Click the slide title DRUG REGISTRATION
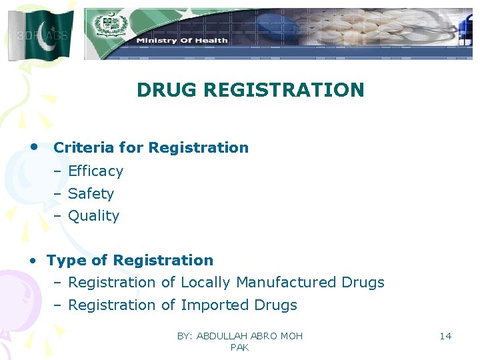[x=250, y=90]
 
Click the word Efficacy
[x=95, y=171]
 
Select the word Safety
[x=91, y=194]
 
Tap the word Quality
[x=93, y=216]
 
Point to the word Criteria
[x=80, y=148]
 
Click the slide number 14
[x=445, y=336]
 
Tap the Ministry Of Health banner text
[x=182, y=41]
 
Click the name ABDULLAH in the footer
[x=222, y=336]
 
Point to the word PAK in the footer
[x=239, y=347]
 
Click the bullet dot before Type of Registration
[x=32, y=261]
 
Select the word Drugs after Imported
[x=275, y=305]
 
